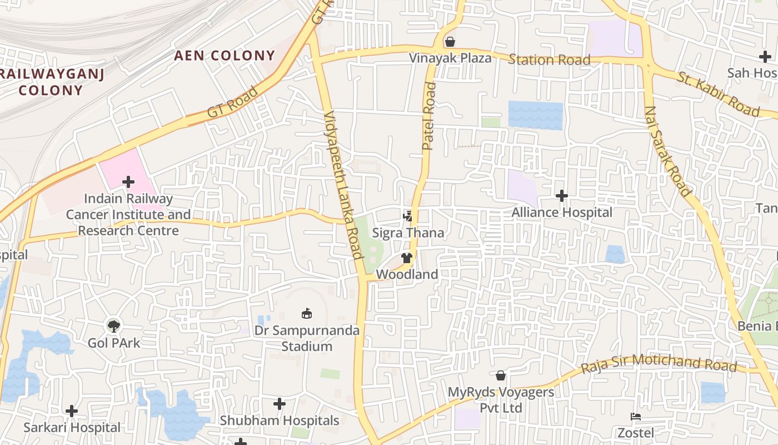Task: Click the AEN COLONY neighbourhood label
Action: click(x=225, y=56)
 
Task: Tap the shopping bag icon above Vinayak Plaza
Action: click(x=450, y=42)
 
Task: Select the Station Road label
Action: click(x=549, y=60)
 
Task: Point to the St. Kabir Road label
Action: click(x=717, y=94)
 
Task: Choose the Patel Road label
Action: click(x=429, y=116)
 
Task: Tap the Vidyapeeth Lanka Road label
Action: click(x=343, y=185)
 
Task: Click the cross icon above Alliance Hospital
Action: click(x=562, y=196)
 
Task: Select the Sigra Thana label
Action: click(x=408, y=233)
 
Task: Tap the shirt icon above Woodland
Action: click(x=407, y=258)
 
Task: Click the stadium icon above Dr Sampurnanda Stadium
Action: click(x=306, y=314)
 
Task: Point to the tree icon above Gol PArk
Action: click(x=114, y=325)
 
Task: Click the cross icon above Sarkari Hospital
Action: click(x=72, y=411)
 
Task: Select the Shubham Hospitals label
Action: click(x=280, y=421)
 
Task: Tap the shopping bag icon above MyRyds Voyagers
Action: click(x=501, y=375)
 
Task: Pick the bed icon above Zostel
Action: click(x=635, y=417)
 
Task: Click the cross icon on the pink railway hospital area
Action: click(x=128, y=182)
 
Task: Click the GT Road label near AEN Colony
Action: click(x=233, y=102)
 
